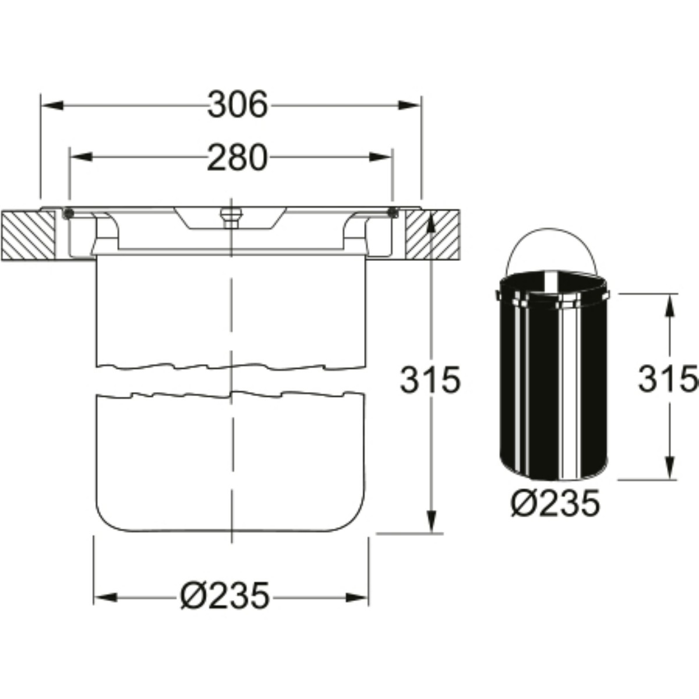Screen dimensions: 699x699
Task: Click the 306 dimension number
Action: click(x=238, y=104)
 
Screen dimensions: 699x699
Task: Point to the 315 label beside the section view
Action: click(x=430, y=380)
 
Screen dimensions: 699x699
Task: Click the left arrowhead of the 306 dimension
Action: click(x=52, y=105)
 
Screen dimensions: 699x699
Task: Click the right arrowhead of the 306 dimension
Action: click(x=409, y=105)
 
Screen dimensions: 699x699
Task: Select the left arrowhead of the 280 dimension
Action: click(x=81, y=157)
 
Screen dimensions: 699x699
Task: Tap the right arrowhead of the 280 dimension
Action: click(x=380, y=157)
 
